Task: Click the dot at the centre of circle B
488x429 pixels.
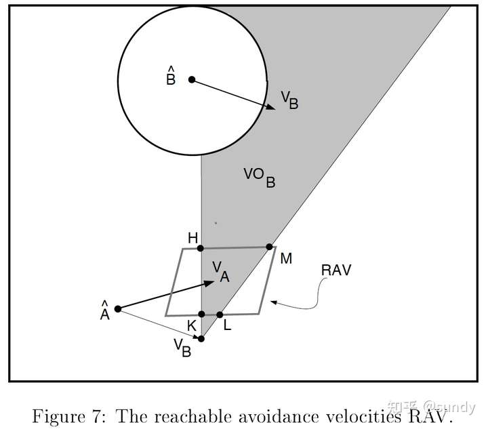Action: [192, 80]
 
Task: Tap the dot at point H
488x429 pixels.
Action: [201, 248]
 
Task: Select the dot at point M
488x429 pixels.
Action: [270, 247]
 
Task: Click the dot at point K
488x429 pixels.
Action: [202, 314]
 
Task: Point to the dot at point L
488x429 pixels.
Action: [220, 315]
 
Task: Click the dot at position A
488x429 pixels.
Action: [118, 309]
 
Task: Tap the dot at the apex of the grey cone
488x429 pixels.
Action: [201, 339]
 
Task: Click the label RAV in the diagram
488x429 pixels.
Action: [336, 270]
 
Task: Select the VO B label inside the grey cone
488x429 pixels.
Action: [259, 178]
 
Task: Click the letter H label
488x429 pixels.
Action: [193, 239]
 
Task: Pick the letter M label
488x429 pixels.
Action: [286, 258]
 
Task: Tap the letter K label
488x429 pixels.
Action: [192, 326]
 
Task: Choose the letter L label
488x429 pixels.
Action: [228, 325]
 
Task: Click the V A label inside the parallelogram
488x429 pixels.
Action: [221, 272]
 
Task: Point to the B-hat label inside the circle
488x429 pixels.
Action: [171, 76]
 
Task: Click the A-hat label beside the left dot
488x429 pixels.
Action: [105, 310]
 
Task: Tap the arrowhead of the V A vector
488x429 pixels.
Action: [209, 283]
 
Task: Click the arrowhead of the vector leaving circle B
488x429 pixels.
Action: [270, 107]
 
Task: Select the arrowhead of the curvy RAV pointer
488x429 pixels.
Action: [274, 302]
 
